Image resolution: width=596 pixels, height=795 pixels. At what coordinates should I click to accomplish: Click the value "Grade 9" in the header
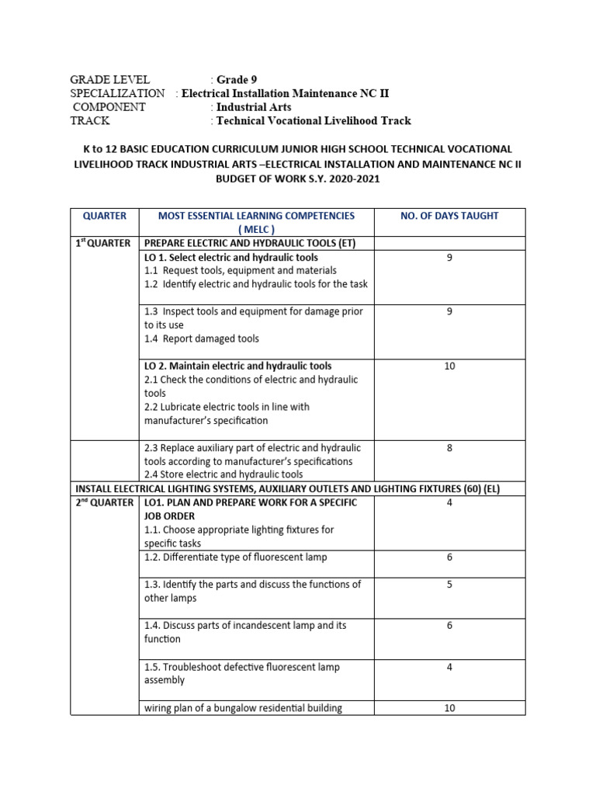tap(236, 80)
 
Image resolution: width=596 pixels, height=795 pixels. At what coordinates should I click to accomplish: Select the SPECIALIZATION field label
tap(117, 93)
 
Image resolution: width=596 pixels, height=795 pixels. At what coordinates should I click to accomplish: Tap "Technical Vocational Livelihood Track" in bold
tap(314, 120)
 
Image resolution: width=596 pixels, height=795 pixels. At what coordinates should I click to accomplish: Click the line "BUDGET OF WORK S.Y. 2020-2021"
tap(298, 178)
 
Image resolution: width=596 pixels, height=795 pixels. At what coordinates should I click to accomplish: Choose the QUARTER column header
tap(104, 216)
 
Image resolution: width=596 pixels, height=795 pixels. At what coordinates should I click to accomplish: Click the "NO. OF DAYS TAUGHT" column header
tap(449, 216)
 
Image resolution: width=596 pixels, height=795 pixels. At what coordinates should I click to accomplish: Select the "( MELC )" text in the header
tap(256, 229)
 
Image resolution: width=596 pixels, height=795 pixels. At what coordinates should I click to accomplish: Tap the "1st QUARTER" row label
tap(103, 243)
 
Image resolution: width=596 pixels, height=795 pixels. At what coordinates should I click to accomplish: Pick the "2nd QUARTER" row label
tap(103, 503)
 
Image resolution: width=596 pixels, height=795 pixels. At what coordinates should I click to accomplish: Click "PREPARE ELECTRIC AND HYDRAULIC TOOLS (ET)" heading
tap(250, 243)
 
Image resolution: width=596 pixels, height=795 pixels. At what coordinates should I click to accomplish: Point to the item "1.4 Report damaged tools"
tap(202, 338)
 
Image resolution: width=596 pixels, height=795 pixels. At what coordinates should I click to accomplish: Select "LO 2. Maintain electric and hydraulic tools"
tap(237, 366)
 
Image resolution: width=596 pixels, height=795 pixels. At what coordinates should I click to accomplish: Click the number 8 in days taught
tap(449, 448)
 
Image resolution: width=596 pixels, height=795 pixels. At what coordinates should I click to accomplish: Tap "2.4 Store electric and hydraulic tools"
tap(223, 474)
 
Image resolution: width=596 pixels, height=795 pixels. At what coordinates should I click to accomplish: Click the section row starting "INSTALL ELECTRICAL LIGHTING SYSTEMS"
tap(298, 489)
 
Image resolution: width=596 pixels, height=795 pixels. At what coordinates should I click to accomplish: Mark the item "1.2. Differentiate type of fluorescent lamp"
tap(236, 557)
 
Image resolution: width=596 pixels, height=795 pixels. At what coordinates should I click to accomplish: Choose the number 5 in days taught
tap(449, 585)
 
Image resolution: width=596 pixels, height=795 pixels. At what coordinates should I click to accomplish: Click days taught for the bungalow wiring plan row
tap(449, 707)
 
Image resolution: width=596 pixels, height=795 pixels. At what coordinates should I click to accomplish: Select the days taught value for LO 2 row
tap(449, 366)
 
